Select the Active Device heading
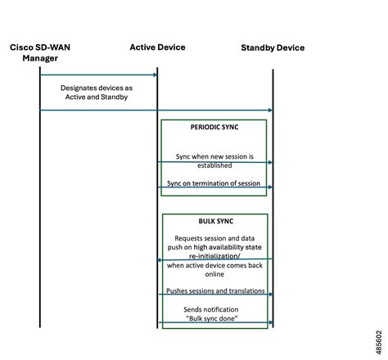pos(157,47)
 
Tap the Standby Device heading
pos(272,47)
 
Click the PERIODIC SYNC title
pos(214,128)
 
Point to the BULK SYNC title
pos(214,221)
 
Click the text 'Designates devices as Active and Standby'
pos(97,91)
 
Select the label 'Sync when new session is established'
pos(214,160)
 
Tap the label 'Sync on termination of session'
pos(214,183)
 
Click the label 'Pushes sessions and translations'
pos(215,290)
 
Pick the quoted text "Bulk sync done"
pos(214,317)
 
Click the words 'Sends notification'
pos(214,308)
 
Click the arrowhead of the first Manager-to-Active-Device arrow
pos(154,75)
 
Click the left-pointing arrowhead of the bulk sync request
pos(160,260)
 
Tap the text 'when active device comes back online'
pos(214,270)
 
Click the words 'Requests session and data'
pos(214,237)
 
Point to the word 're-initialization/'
pos(214,255)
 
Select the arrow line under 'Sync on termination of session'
pos(214,188)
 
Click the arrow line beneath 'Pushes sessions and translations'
pos(214,295)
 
